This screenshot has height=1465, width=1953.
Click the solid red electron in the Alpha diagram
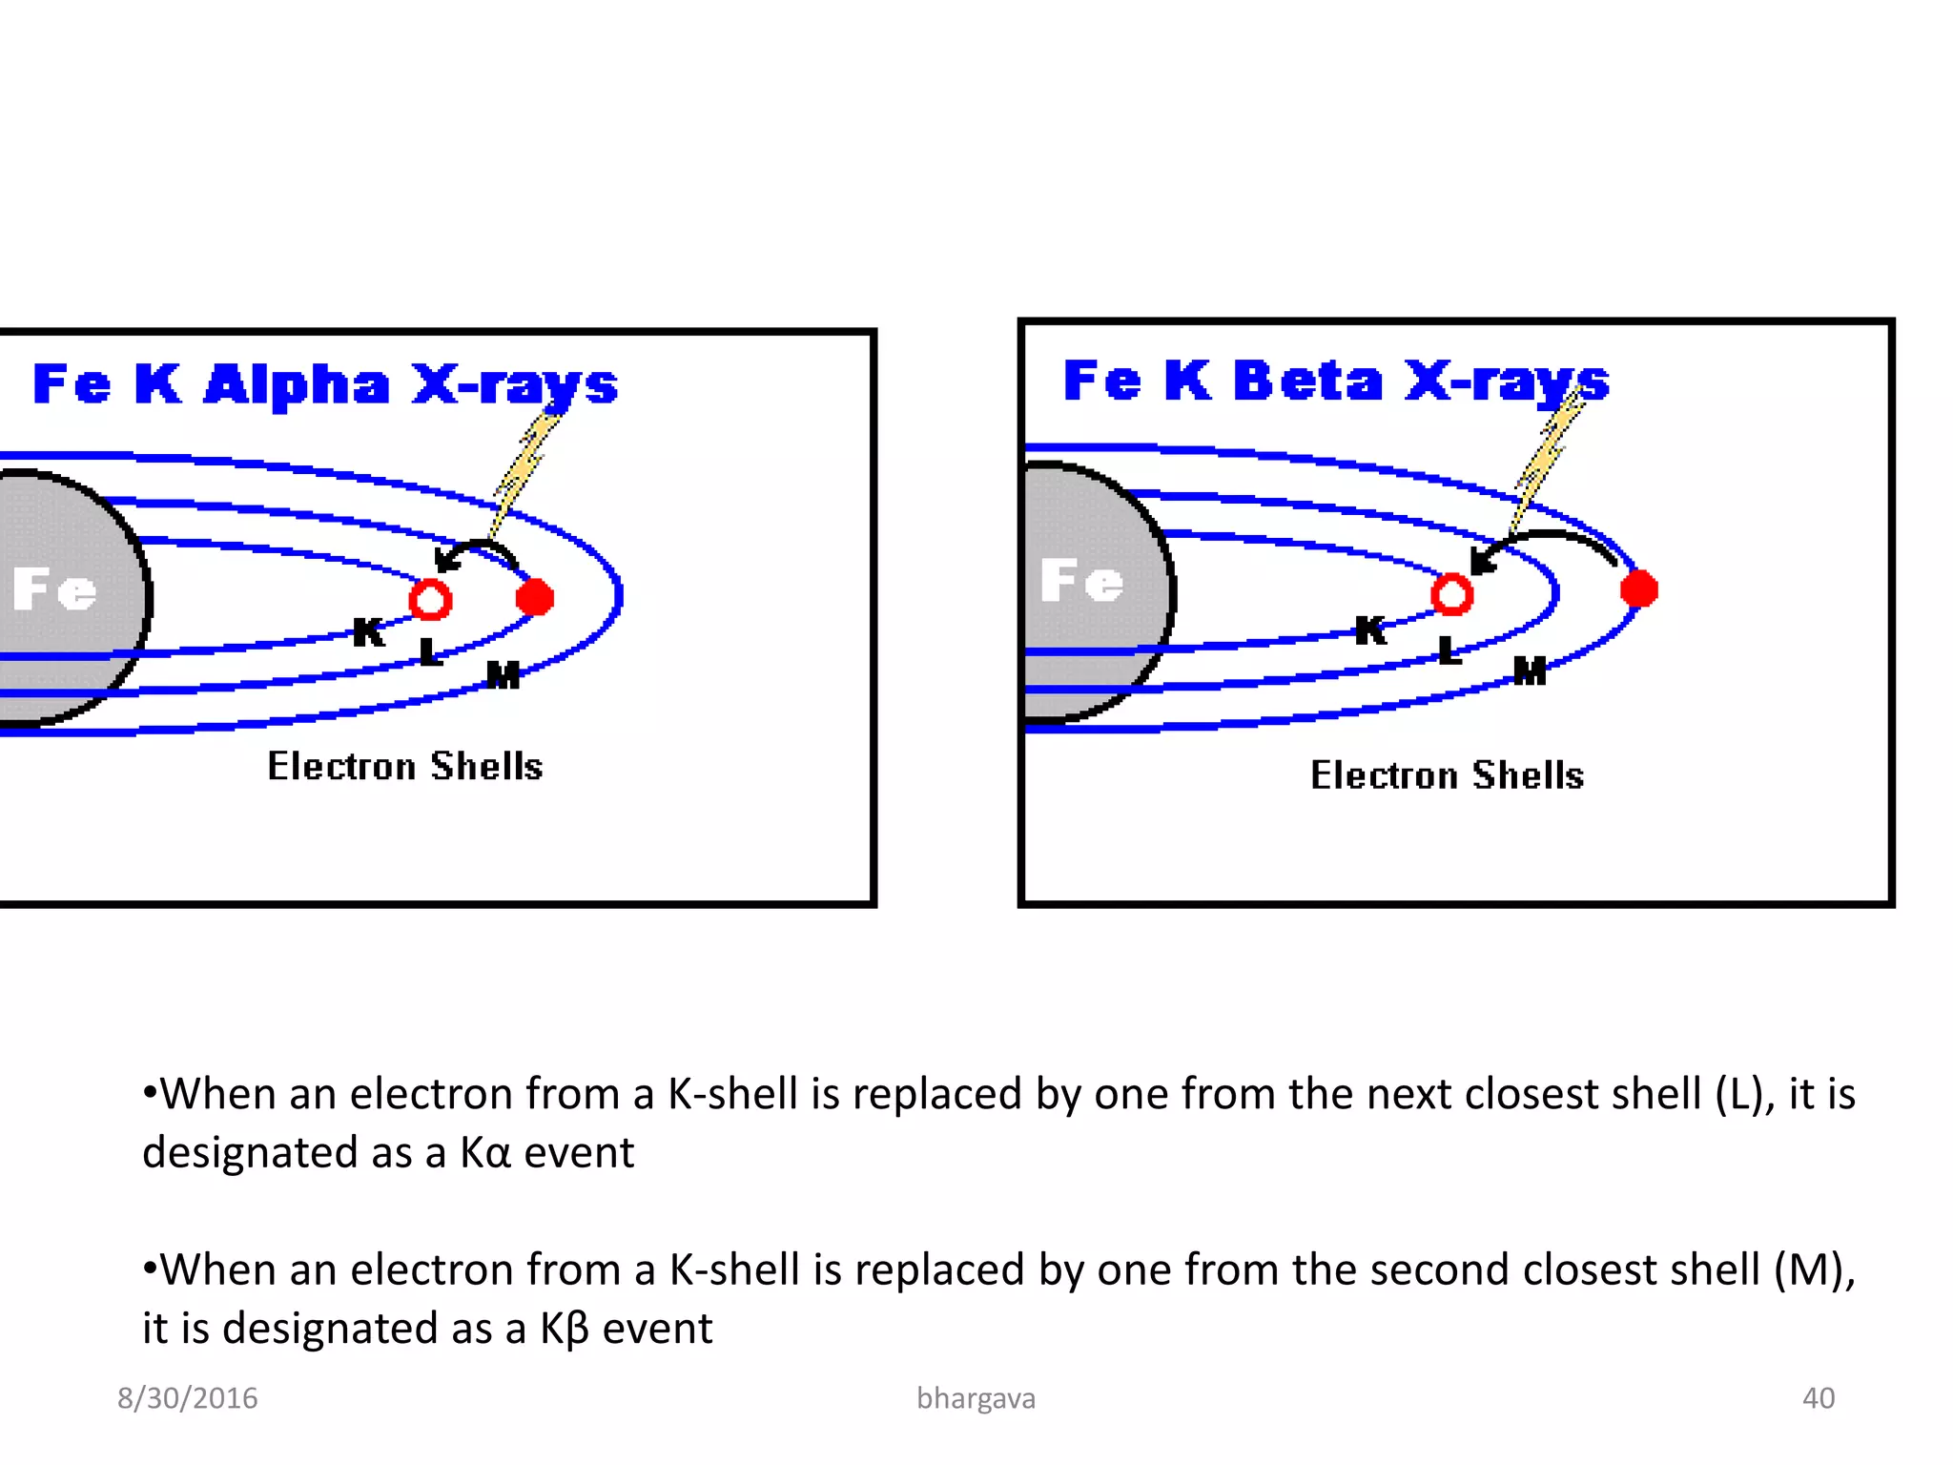pos(534,597)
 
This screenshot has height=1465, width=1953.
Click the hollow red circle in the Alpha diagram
pos(430,600)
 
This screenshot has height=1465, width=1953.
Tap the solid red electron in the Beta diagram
pos(1639,588)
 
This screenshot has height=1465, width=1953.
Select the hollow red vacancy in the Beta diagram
pos(1451,594)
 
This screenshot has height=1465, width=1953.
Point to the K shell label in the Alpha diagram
pos(369,631)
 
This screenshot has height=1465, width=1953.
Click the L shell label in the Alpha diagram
pos(430,652)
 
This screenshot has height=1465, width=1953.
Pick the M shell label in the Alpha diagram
pos(504,674)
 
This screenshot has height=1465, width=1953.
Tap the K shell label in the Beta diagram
pos(1370,629)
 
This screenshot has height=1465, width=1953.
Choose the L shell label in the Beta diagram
pos(1449,650)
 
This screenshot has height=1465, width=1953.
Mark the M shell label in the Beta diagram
pos(1530,671)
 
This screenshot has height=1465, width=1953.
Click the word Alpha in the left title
pos(297,384)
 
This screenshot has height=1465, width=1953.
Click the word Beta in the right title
pos(1307,381)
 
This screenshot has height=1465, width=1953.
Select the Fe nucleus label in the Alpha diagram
pos(54,588)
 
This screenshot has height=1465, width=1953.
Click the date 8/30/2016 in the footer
pos(187,1398)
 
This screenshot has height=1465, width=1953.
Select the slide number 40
pos(1818,1398)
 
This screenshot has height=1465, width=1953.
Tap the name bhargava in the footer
pos(976,1398)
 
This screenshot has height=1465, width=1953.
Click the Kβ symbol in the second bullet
pos(565,1329)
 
